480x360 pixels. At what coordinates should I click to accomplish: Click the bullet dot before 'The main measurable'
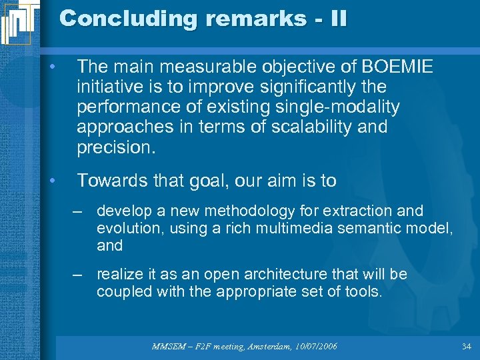click(60, 67)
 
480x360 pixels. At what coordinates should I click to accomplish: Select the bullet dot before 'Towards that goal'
click(60, 180)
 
